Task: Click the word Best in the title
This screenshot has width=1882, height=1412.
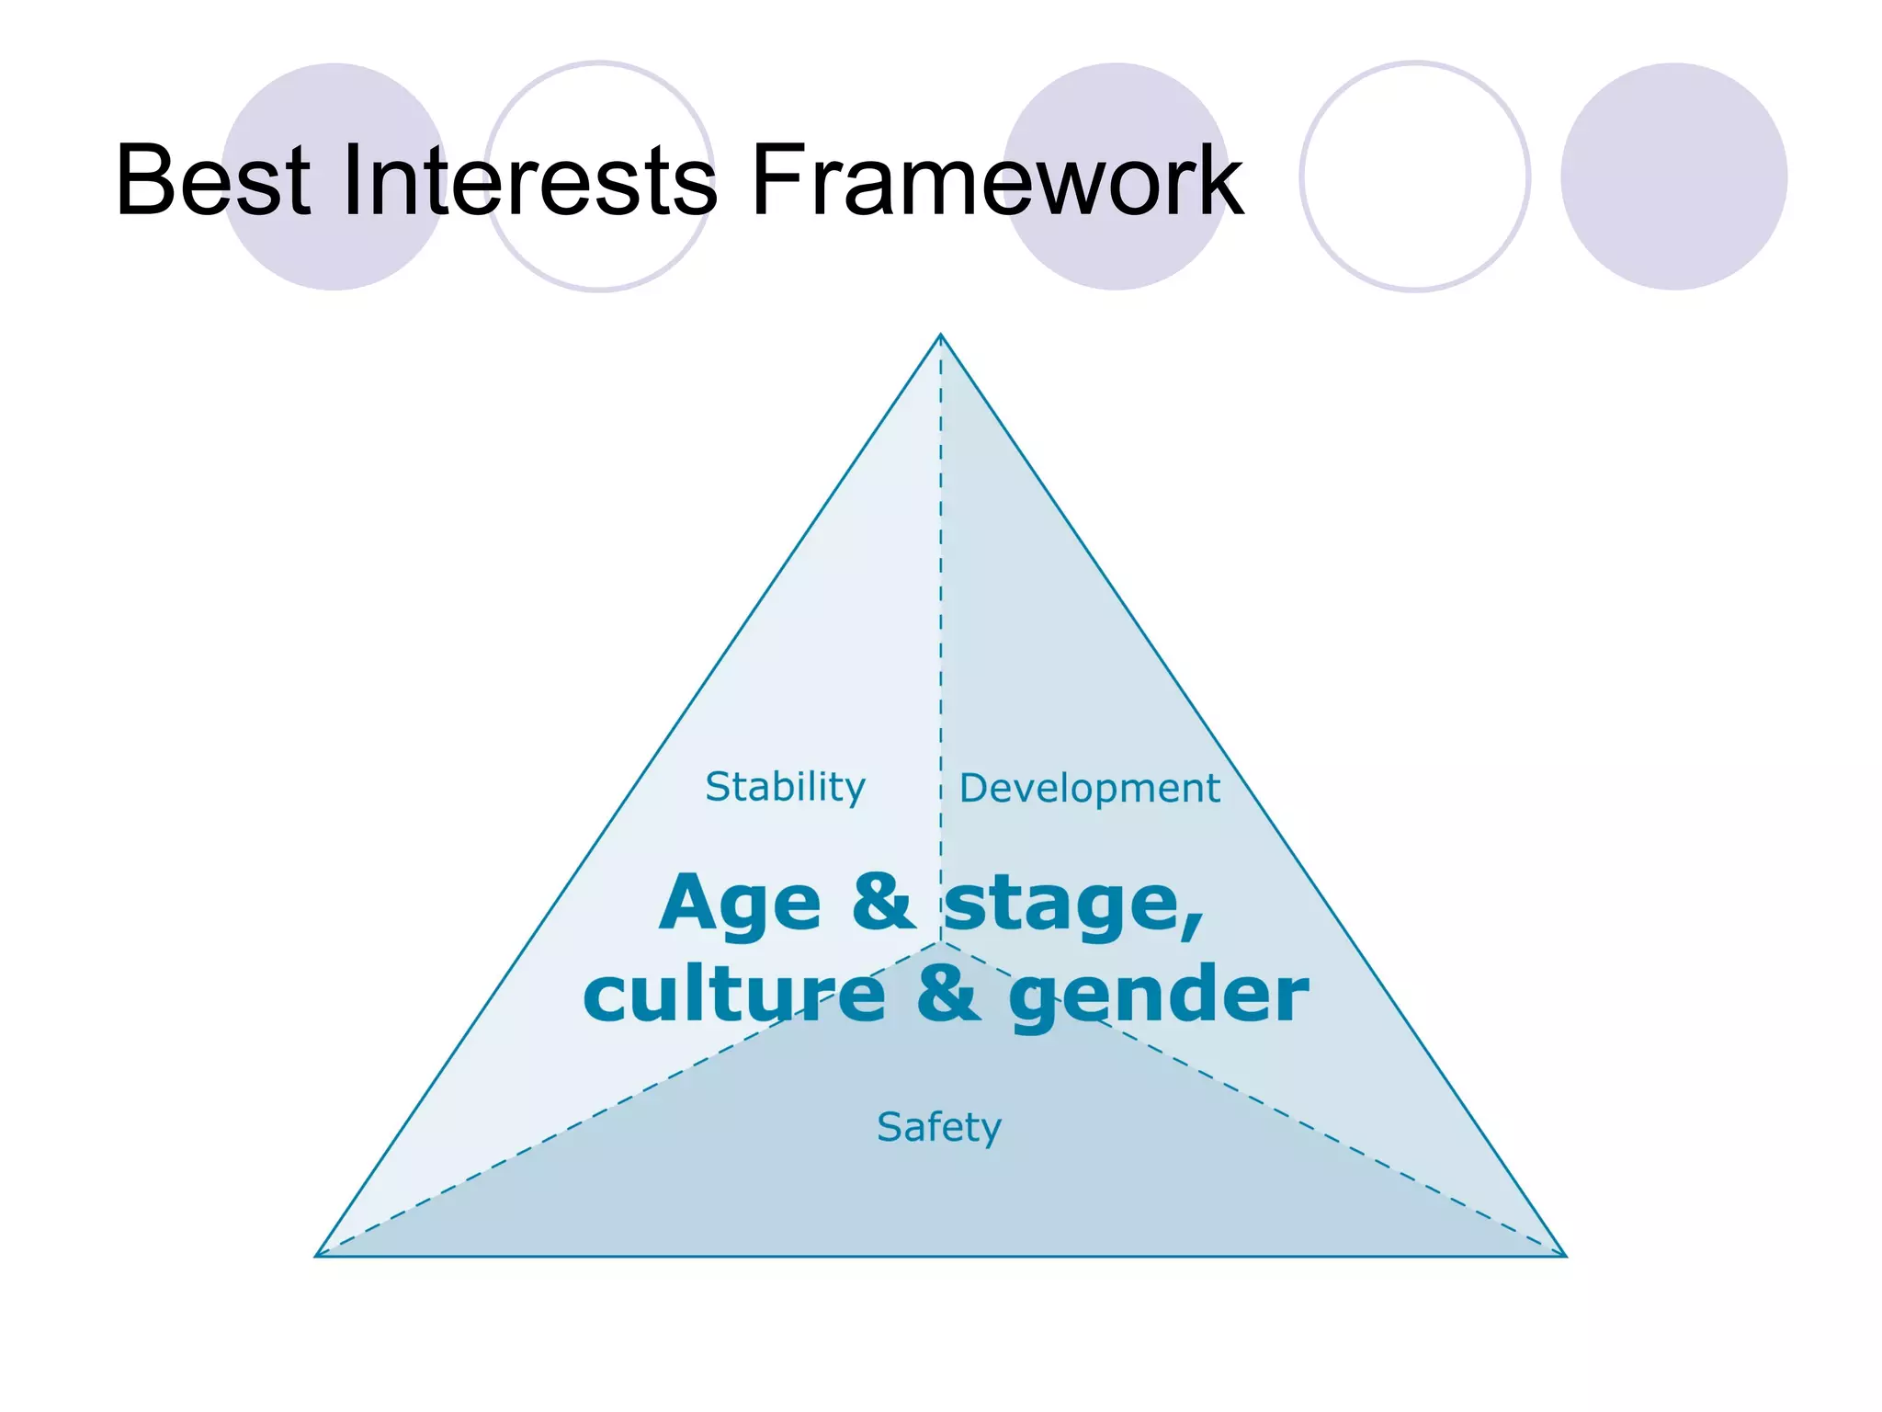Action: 213,180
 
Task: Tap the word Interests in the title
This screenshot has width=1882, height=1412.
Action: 528,180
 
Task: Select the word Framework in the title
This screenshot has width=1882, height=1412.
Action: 996,180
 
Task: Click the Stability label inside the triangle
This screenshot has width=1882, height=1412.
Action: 785,788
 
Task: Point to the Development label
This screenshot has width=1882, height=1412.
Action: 1089,789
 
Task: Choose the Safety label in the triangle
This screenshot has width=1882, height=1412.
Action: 938,1127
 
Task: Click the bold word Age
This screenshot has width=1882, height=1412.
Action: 740,905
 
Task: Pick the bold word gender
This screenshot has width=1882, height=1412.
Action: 1158,996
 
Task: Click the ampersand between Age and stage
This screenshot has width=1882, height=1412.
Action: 882,901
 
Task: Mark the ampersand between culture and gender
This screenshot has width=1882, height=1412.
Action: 947,993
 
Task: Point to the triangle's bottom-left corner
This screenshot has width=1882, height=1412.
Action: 317,1256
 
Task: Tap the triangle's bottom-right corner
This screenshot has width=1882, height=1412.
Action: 1565,1256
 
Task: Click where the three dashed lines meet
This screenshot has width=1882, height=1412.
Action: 940,942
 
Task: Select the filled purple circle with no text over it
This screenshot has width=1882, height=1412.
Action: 1673,176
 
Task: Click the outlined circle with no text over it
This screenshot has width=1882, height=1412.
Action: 1414,176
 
